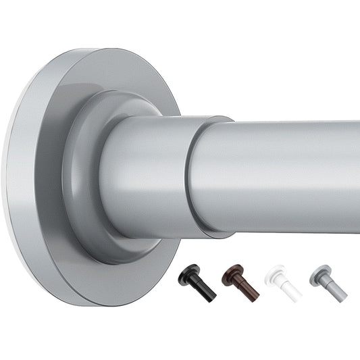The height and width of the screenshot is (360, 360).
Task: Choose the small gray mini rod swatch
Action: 327,279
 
